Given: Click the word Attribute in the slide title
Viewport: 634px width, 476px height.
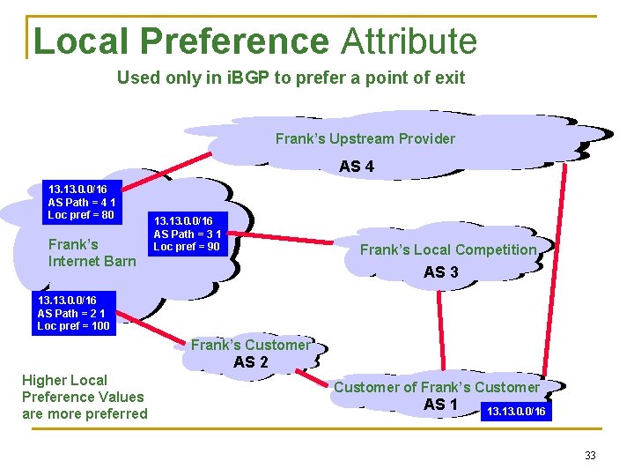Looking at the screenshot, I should (x=409, y=41).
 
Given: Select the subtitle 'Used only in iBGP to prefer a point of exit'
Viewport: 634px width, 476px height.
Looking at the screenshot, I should (x=291, y=78).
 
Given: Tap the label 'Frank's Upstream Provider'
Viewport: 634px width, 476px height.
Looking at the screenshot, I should (x=365, y=138).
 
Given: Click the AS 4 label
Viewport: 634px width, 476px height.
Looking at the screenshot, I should (x=357, y=166).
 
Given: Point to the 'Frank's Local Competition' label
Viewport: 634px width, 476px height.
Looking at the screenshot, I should (x=448, y=249).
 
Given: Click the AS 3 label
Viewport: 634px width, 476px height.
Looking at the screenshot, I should (x=440, y=272).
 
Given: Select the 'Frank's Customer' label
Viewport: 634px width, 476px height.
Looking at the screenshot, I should (x=250, y=345).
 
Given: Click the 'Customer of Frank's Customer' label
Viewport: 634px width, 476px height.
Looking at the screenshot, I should (x=437, y=387).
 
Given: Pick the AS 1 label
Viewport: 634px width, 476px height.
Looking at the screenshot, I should (x=440, y=405).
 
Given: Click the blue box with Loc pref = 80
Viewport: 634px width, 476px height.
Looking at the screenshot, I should (x=82, y=202).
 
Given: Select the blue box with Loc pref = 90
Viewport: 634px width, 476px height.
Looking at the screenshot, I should (x=188, y=234).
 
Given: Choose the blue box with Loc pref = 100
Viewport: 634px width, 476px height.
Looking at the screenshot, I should (x=73, y=313).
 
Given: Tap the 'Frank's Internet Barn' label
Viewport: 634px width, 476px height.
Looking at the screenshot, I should (x=92, y=252).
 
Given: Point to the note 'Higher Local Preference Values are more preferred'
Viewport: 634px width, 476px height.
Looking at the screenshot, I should (x=85, y=397).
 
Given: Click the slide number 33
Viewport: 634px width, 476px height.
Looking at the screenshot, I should (x=590, y=456).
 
